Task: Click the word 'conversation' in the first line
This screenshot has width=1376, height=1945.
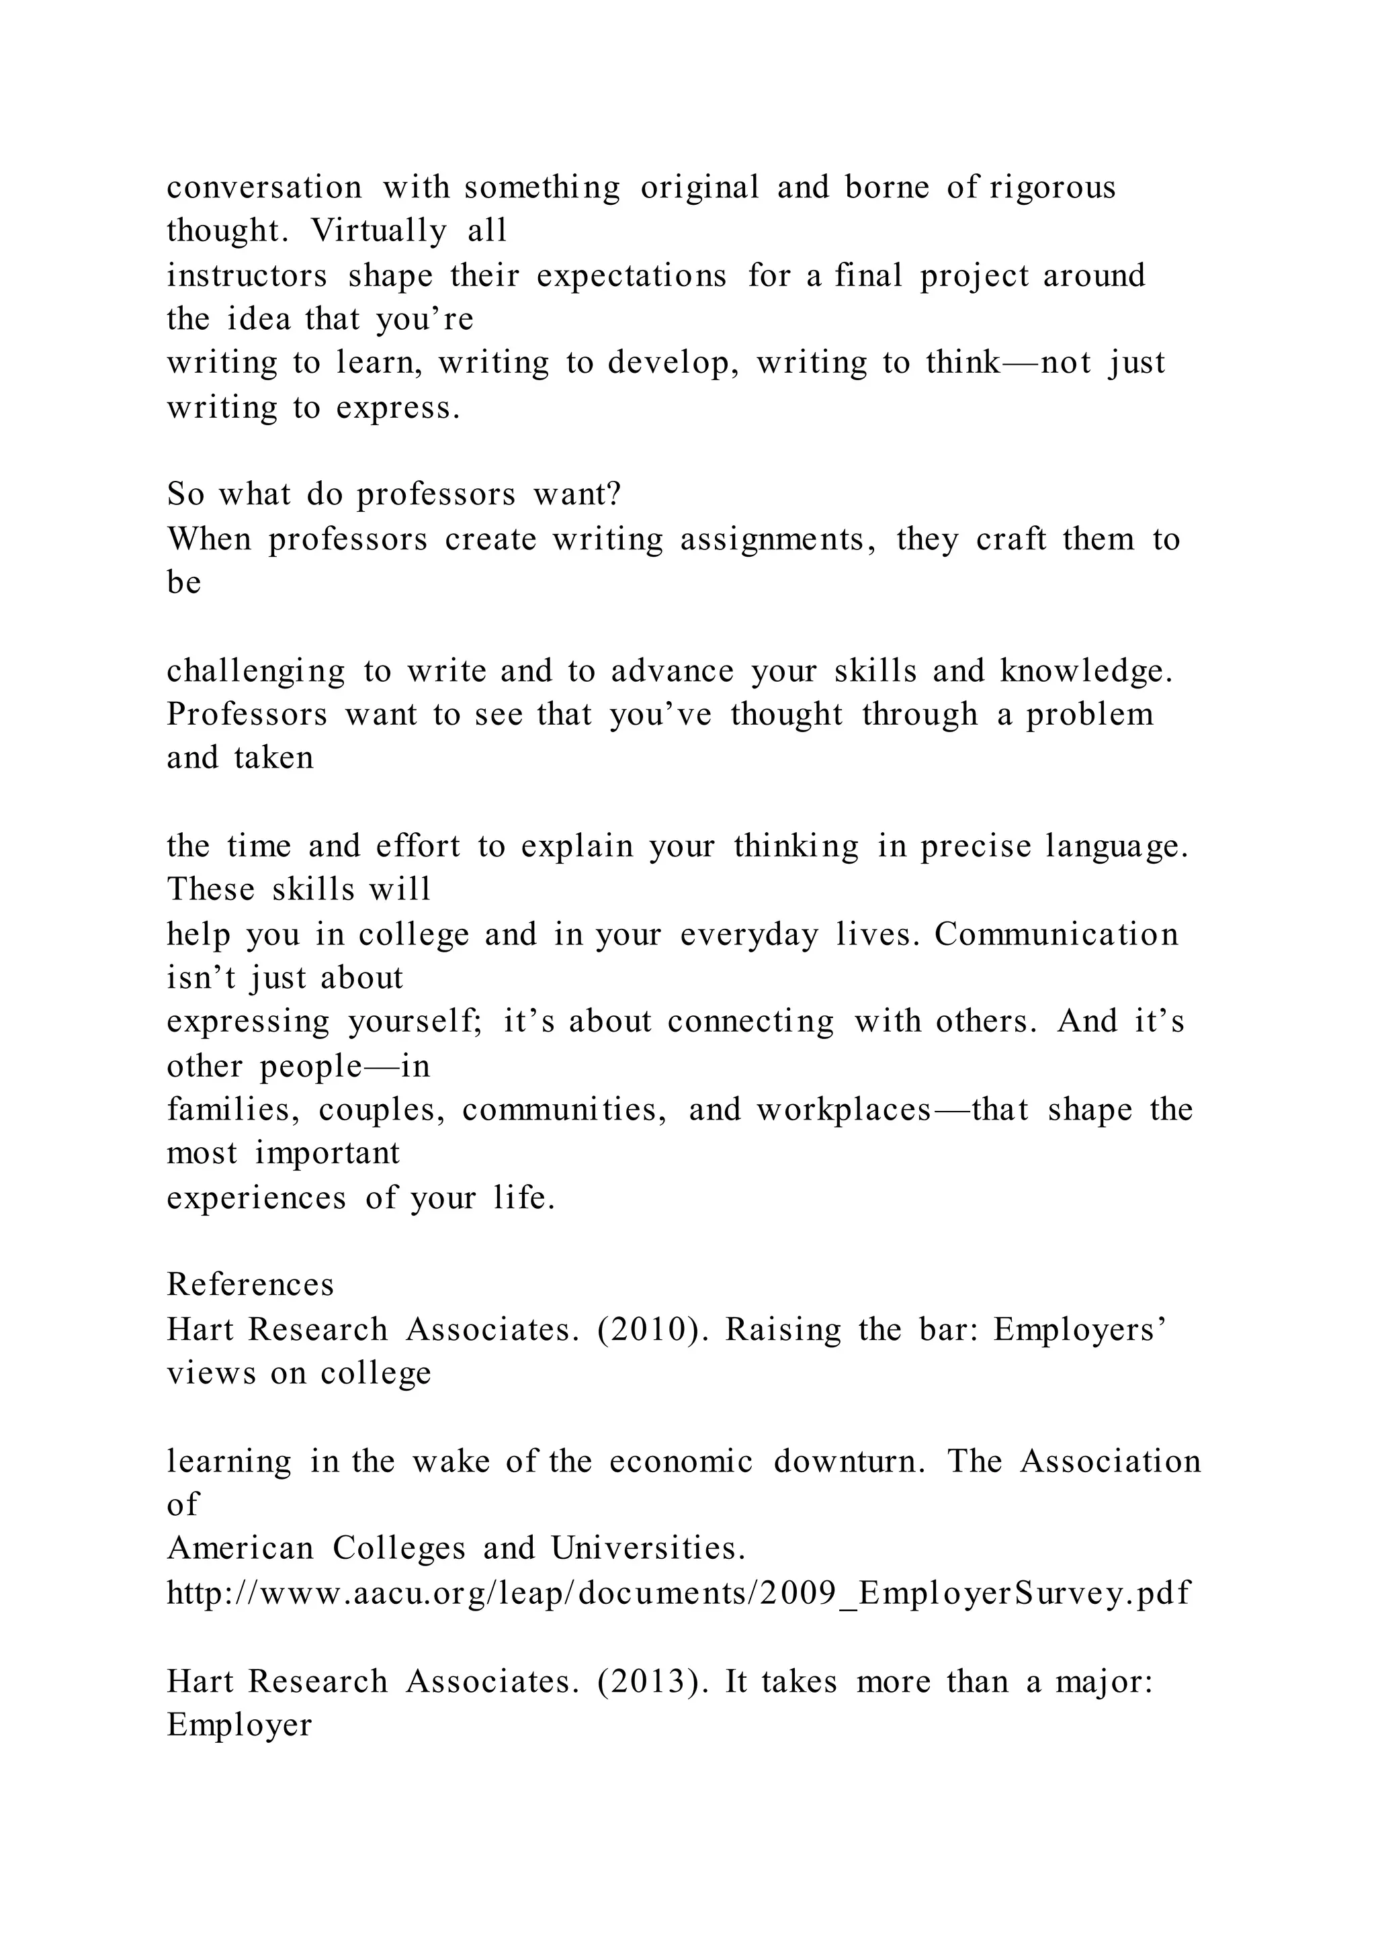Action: (264, 187)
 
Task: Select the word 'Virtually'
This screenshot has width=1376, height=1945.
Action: (378, 230)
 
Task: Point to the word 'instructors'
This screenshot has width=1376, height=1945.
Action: (247, 275)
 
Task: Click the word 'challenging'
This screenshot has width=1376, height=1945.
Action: (256, 671)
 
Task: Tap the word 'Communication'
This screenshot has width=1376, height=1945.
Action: (1057, 934)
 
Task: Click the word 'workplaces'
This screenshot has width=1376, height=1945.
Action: (843, 1110)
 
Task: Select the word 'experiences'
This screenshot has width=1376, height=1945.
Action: (256, 1198)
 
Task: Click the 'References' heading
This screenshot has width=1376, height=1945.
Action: (250, 1285)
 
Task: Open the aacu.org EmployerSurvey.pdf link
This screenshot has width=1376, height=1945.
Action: (679, 1594)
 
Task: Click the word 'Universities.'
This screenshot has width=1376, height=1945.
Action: (648, 1549)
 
